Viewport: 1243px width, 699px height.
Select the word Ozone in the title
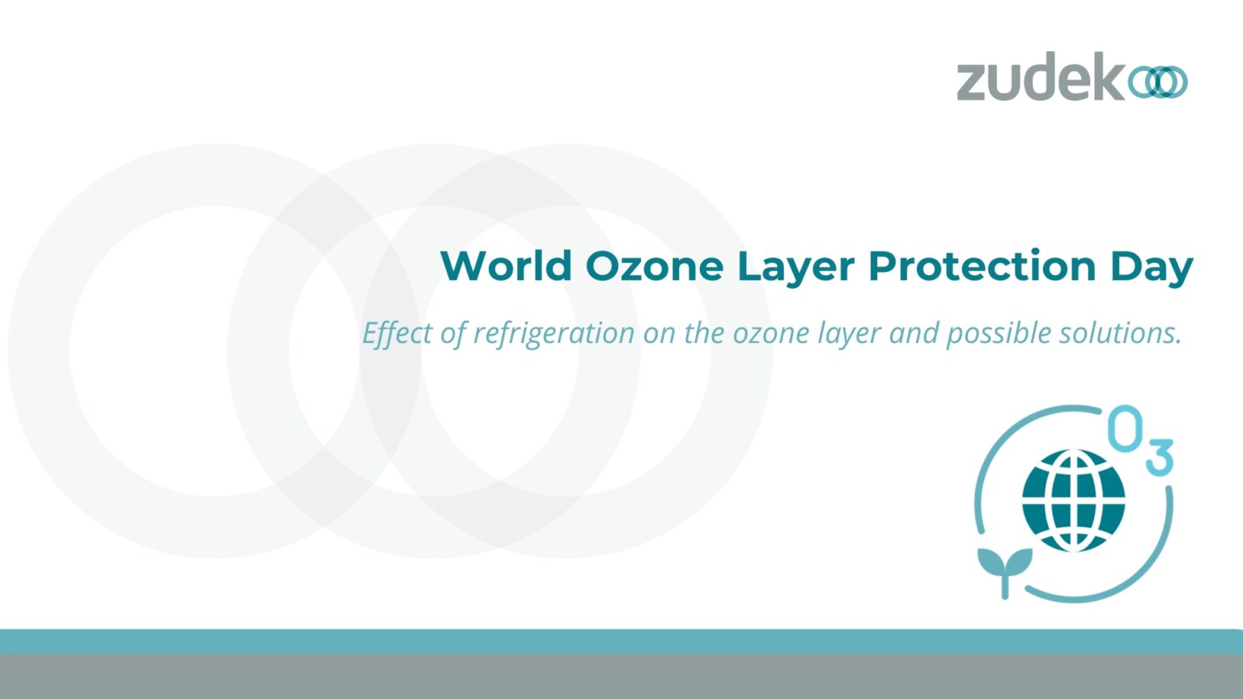tap(654, 266)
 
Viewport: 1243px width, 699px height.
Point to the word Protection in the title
tap(982, 266)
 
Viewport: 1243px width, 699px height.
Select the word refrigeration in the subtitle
tap(554, 333)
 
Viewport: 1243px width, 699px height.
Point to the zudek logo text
tap(1041, 78)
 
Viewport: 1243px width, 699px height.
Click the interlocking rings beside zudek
tap(1158, 83)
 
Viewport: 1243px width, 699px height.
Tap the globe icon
tap(1073, 500)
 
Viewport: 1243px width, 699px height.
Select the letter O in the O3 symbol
tap(1125, 428)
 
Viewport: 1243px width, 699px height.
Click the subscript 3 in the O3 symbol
tap(1160, 457)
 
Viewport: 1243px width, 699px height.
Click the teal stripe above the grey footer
tap(621, 642)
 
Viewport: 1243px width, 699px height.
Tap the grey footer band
tap(621, 676)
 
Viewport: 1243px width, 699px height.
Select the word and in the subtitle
tap(913, 333)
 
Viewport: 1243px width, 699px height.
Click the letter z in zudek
tap(974, 83)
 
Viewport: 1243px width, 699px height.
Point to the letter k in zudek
tap(1109, 78)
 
